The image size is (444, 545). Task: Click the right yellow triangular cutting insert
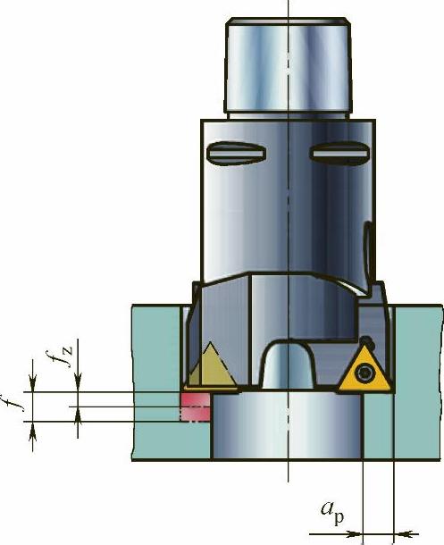coord(364,373)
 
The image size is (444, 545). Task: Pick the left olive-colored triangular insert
coord(212,367)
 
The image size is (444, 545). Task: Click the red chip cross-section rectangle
coord(195,407)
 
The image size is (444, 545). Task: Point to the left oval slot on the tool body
coord(237,153)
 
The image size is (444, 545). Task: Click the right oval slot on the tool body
coord(339,152)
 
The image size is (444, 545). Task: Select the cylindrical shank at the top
coord(288,67)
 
